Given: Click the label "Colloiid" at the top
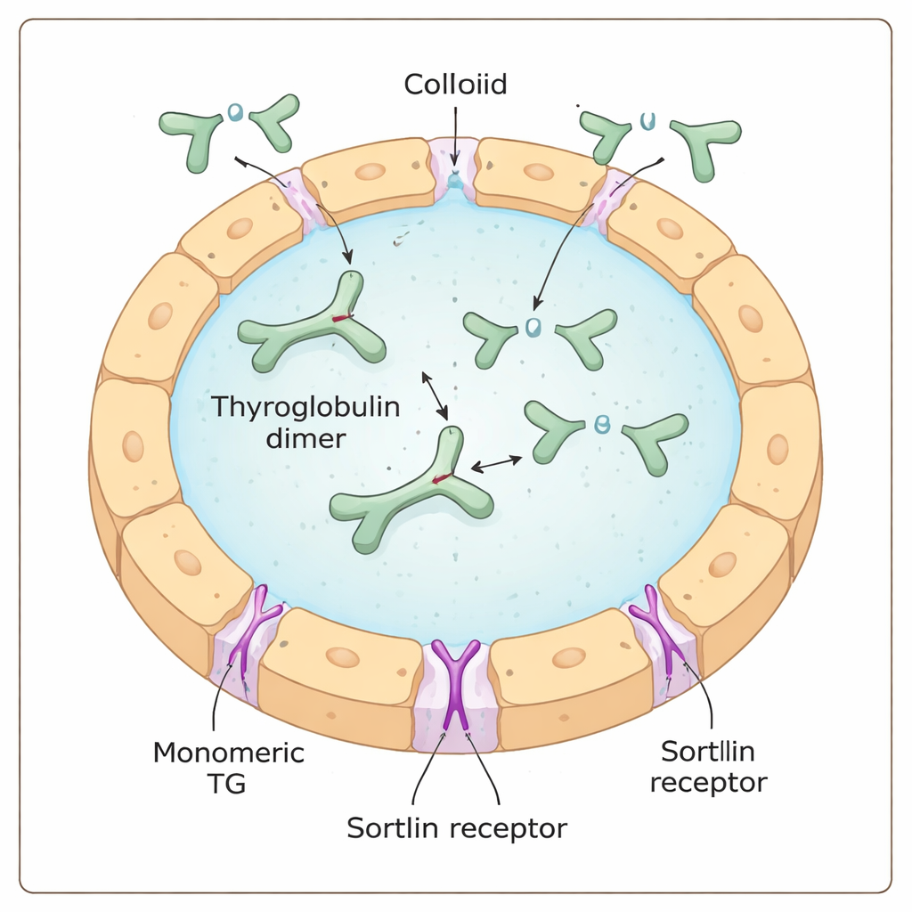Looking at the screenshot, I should coord(455,85).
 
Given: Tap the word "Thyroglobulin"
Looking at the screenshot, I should coord(305,408).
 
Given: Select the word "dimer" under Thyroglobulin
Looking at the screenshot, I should coord(305,438).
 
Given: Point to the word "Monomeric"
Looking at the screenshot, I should coord(229,753).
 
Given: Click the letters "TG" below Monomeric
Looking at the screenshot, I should coord(229,784).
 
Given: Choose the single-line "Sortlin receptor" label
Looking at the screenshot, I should coord(456,828).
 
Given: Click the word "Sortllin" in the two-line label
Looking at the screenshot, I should coord(708,752).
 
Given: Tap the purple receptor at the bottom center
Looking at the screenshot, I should coord(456,681).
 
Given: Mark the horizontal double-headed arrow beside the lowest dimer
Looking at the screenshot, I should coord(496,464).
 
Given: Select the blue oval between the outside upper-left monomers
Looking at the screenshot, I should coord(235,111).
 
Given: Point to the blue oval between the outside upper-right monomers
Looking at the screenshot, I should coord(647,120).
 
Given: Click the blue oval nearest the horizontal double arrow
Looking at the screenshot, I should coord(601,426).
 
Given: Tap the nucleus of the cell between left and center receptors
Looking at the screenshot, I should coord(342,657).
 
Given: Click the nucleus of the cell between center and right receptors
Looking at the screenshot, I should coord(567,658).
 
